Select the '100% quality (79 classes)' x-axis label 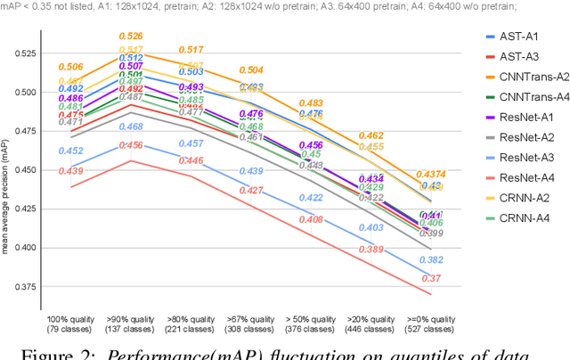coord(71,321)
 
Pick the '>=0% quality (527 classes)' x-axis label coord(431,321)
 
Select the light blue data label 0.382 coord(431,260)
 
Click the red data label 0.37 coord(431,279)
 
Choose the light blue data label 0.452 coord(71,151)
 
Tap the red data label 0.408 coord(311,219)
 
